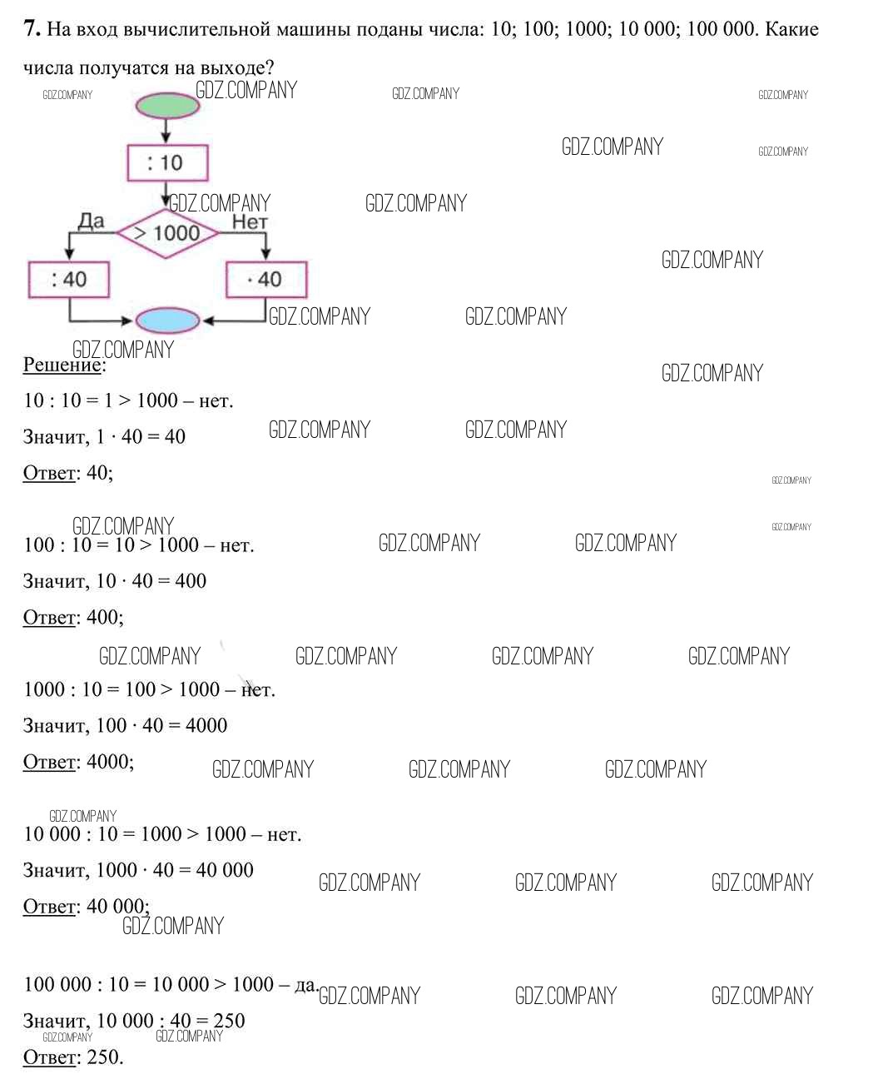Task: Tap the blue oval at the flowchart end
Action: [x=167, y=321]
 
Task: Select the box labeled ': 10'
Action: [x=167, y=162]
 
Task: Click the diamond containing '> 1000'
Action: [x=167, y=233]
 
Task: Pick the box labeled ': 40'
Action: [x=69, y=280]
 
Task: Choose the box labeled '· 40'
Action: [x=266, y=280]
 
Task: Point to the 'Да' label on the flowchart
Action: [x=91, y=221]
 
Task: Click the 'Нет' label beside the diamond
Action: [x=250, y=221]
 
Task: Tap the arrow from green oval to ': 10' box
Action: [x=166, y=131]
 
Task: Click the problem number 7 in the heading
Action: [x=31, y=29]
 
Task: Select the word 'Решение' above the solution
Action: [x=62, y=365]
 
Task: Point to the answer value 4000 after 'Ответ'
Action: [x=109, y=761]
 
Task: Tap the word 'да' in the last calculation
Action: [x=305, y=985]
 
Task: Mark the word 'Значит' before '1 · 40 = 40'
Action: [x=54, y=436]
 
